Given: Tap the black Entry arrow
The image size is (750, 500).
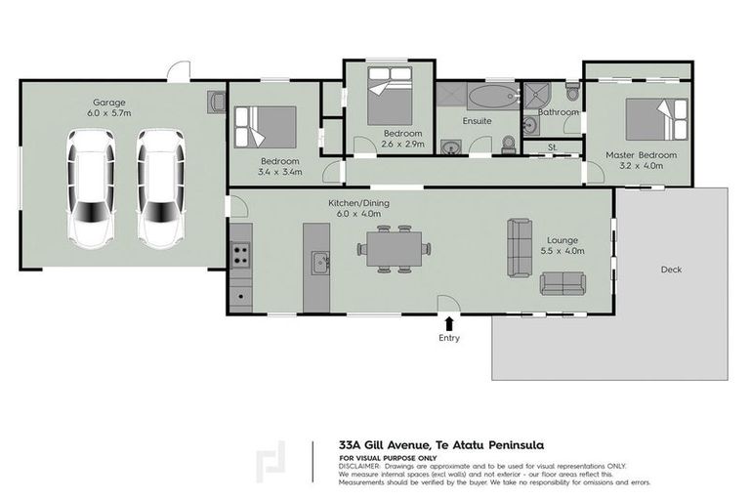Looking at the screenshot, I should coord(449,323).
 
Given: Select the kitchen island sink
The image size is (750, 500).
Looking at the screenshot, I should coord(318,262).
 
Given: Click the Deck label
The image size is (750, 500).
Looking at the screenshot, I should coord(671,270).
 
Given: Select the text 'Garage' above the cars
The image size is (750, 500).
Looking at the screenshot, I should coord(109,102).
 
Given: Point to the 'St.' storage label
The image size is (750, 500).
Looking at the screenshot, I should coord(552,147).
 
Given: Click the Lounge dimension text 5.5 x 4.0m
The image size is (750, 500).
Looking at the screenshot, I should coord(562,251).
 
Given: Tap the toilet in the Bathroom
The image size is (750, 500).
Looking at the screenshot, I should coord(572,93).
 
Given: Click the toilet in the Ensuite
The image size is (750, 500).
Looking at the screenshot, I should coord(507,145).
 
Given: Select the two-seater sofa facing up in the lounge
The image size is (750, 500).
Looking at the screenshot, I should coord(563,283).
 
